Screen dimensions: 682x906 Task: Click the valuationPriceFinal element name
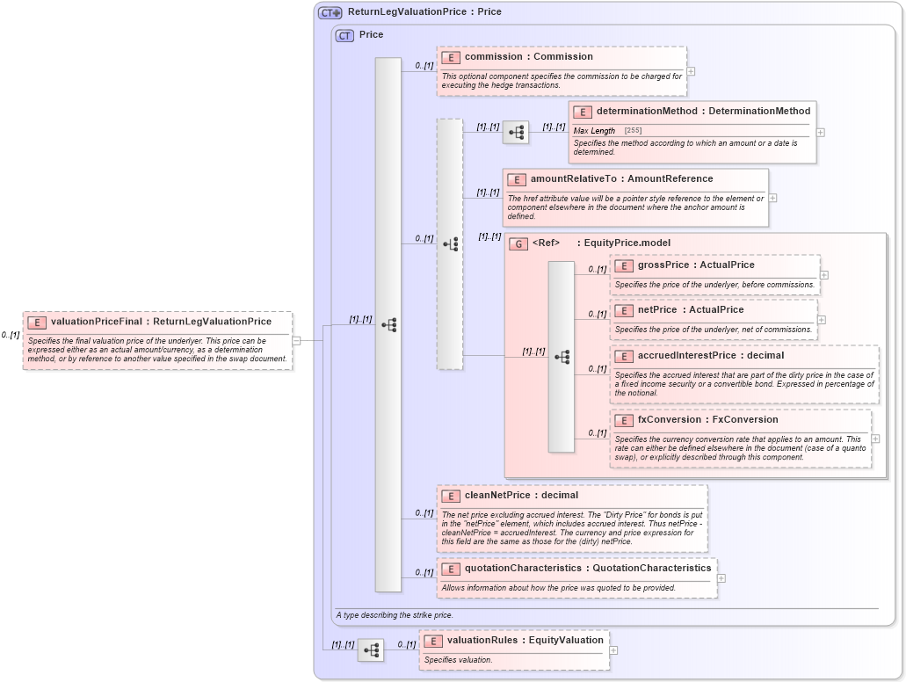pos(161,322)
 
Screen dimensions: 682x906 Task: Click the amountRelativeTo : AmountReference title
pos(621,178)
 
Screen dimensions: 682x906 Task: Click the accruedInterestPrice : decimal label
pos(711,355)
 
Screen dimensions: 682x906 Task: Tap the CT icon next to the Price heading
pos(344,35)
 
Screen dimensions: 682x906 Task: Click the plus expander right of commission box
pos(691,71)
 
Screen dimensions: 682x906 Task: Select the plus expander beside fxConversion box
pos(875,439)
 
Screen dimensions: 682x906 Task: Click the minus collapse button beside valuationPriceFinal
pos(296,340)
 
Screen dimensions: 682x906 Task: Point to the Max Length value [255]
pos(633,130)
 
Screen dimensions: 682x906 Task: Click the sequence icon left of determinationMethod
pos(516,133)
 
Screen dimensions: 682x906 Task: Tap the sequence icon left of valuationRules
pos(371,650)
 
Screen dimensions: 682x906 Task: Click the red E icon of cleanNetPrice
pos(450,496)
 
